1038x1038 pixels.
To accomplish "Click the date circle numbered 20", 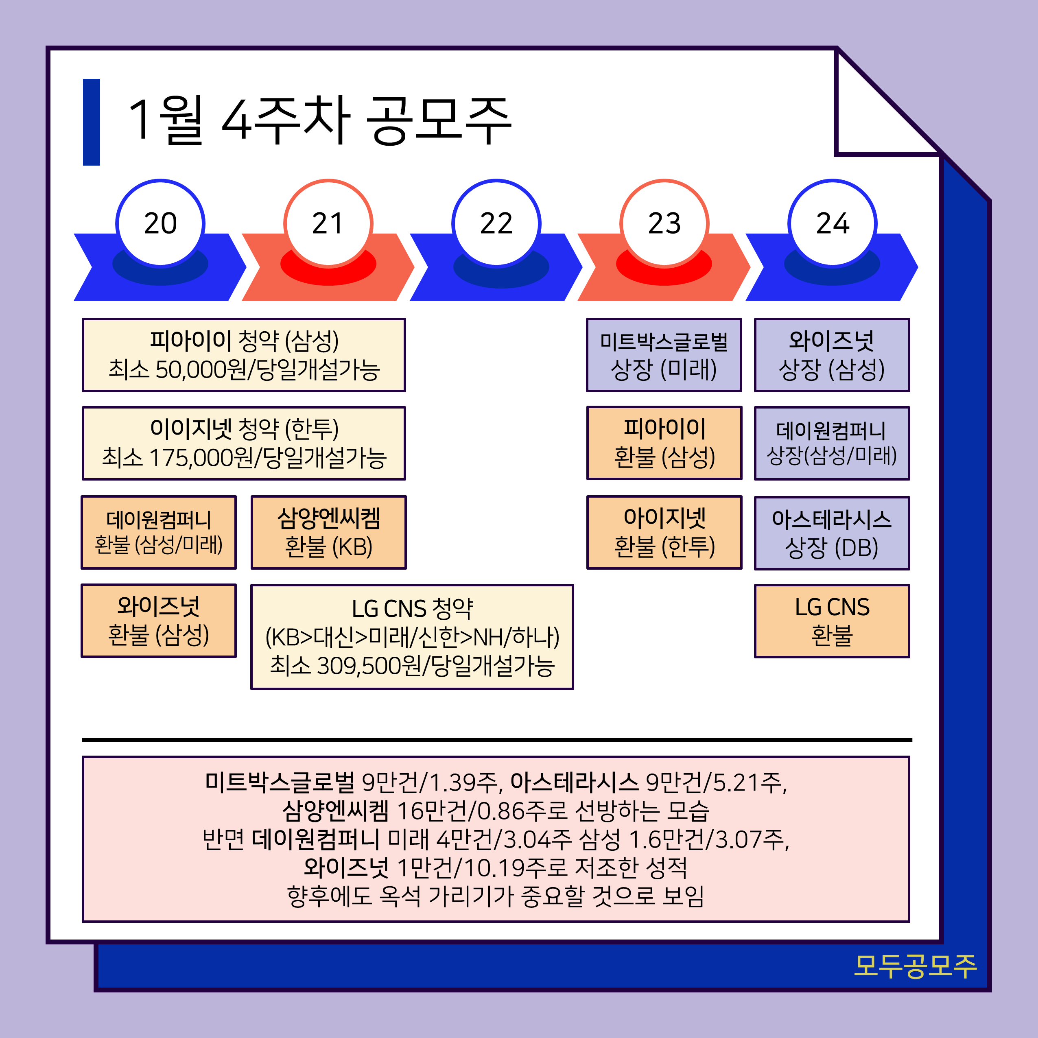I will click(x=160, y=223).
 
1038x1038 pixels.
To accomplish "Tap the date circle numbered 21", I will click(x=328, y=223).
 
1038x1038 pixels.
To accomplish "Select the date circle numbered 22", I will click(x=496, y=223).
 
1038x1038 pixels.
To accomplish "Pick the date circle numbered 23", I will click(x=664, y=223).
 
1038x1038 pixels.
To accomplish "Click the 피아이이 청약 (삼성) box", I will click(x=243, y=355).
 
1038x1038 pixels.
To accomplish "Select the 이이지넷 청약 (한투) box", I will click(x=243, y=443).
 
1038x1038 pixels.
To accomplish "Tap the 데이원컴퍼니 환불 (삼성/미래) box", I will click(x=159, y=532).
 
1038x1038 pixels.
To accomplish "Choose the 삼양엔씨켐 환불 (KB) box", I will click(x=328, y=532).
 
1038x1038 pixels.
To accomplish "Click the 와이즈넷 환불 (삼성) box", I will click(x=159, y=621).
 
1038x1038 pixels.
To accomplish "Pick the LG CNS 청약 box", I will click(x=412, y=637).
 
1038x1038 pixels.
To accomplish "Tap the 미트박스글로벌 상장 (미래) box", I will click(x=664, y=355).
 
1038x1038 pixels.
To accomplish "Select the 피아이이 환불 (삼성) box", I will click(x=664, y=443).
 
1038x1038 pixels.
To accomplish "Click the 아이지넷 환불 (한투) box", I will click(x=664, y=532).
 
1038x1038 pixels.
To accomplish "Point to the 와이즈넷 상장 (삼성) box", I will click(x=832, y=355).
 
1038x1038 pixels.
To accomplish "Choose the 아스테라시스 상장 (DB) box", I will click(x=832, y=533).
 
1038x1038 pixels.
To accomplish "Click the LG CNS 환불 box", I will click(x=832, y=621).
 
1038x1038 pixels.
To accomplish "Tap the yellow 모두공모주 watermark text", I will click(x=915, y=966).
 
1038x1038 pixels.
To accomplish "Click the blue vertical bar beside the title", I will click(x=91, y=122).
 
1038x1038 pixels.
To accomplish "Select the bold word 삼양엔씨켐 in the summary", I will click(x=336, y=811).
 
